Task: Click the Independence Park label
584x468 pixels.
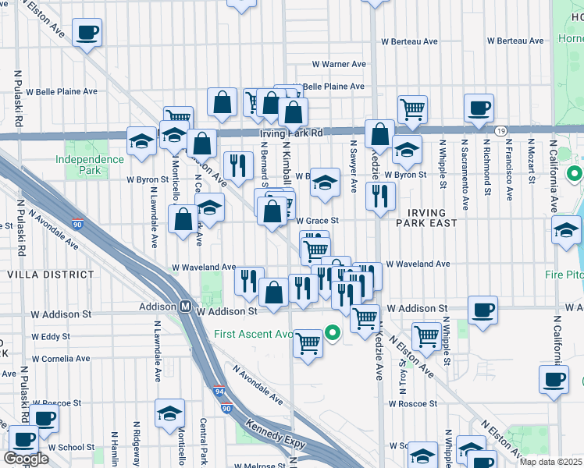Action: (89, 165)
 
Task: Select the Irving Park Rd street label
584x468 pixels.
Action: (290, 133)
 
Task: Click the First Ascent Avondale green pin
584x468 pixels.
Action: (333, 335)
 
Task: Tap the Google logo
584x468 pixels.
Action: (26, 458)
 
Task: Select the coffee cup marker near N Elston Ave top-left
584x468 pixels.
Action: (87, 33)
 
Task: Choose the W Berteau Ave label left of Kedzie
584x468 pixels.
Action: (410, 41)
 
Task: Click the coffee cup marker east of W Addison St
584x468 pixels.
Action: (483, 309)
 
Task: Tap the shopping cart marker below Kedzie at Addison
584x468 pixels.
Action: (364, 317)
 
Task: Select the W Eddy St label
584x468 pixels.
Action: (51, 336)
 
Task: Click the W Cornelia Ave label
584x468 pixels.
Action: (59, 360)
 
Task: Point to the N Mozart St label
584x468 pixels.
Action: (531, 163)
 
